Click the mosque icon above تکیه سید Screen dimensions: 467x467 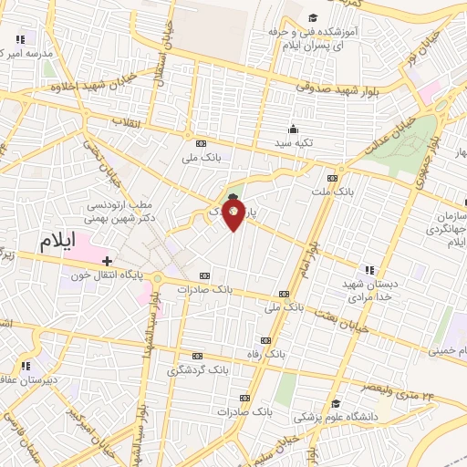coord(292,129)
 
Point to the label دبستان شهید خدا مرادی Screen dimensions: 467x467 coord(368,290)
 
